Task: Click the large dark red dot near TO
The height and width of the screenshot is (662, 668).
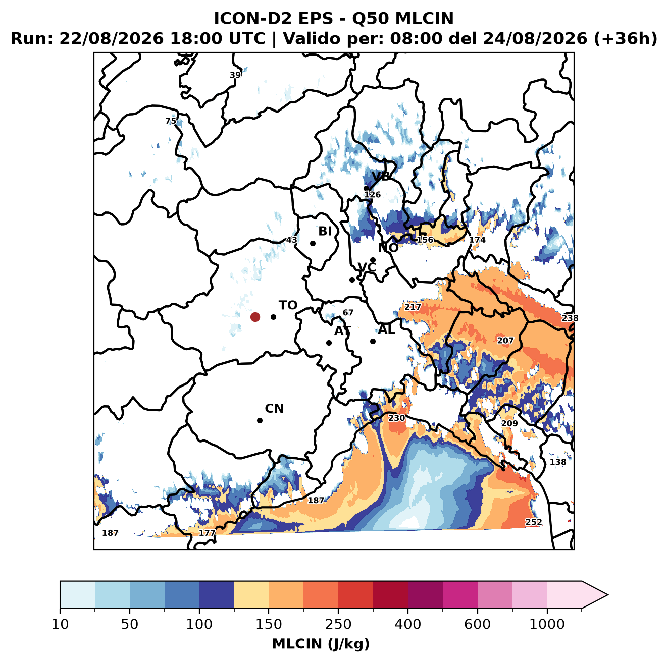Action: [x=255, y=317]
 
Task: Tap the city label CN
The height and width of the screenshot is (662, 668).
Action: [x=274, y=409]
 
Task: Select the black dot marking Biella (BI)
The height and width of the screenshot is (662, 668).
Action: [x=313, y=243]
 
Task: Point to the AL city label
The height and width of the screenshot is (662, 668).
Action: [x=386, y=329]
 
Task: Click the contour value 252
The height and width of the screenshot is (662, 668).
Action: [x=534, y=522]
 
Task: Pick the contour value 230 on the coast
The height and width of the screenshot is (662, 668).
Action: [x=396, y=418]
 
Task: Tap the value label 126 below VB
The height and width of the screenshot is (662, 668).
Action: [x=372, y=194]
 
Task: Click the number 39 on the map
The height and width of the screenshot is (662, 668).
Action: [x=235, y=75]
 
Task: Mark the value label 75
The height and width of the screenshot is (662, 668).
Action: [x=171, y=121]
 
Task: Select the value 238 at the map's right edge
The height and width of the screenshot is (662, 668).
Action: [x=570, y=318]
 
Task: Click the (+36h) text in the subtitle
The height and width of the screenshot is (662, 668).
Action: [x=626, y=39]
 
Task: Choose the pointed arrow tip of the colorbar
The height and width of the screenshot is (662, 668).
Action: [x=608, y=595]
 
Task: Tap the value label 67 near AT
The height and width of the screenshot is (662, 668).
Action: [x=348, y=312]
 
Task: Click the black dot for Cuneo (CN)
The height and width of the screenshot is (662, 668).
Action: [x=260, y=420]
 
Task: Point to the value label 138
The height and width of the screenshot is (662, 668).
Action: [x=558, y=462]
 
